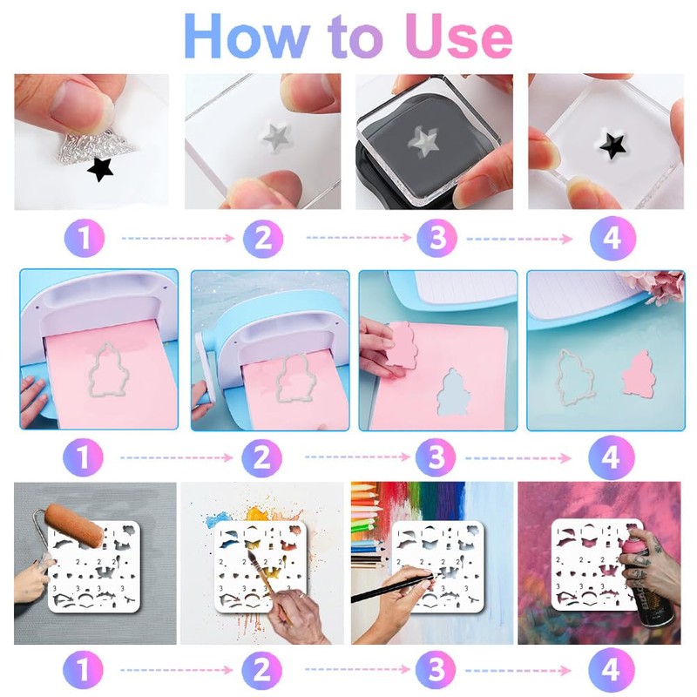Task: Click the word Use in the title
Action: (459, 36)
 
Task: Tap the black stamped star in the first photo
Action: (100, 169)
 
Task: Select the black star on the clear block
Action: (612, 144)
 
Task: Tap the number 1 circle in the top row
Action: (85, 238)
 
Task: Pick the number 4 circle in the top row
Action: (612, 238)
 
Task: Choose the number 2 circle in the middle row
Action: (262, 457)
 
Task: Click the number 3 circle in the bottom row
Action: (436, 669)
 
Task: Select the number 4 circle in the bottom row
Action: (612, 669)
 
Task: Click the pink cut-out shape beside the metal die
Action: (637, 373)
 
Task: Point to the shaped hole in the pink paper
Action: (453, 393)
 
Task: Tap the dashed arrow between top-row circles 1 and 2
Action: (178, 238)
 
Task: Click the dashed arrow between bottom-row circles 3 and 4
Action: (518, 669)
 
